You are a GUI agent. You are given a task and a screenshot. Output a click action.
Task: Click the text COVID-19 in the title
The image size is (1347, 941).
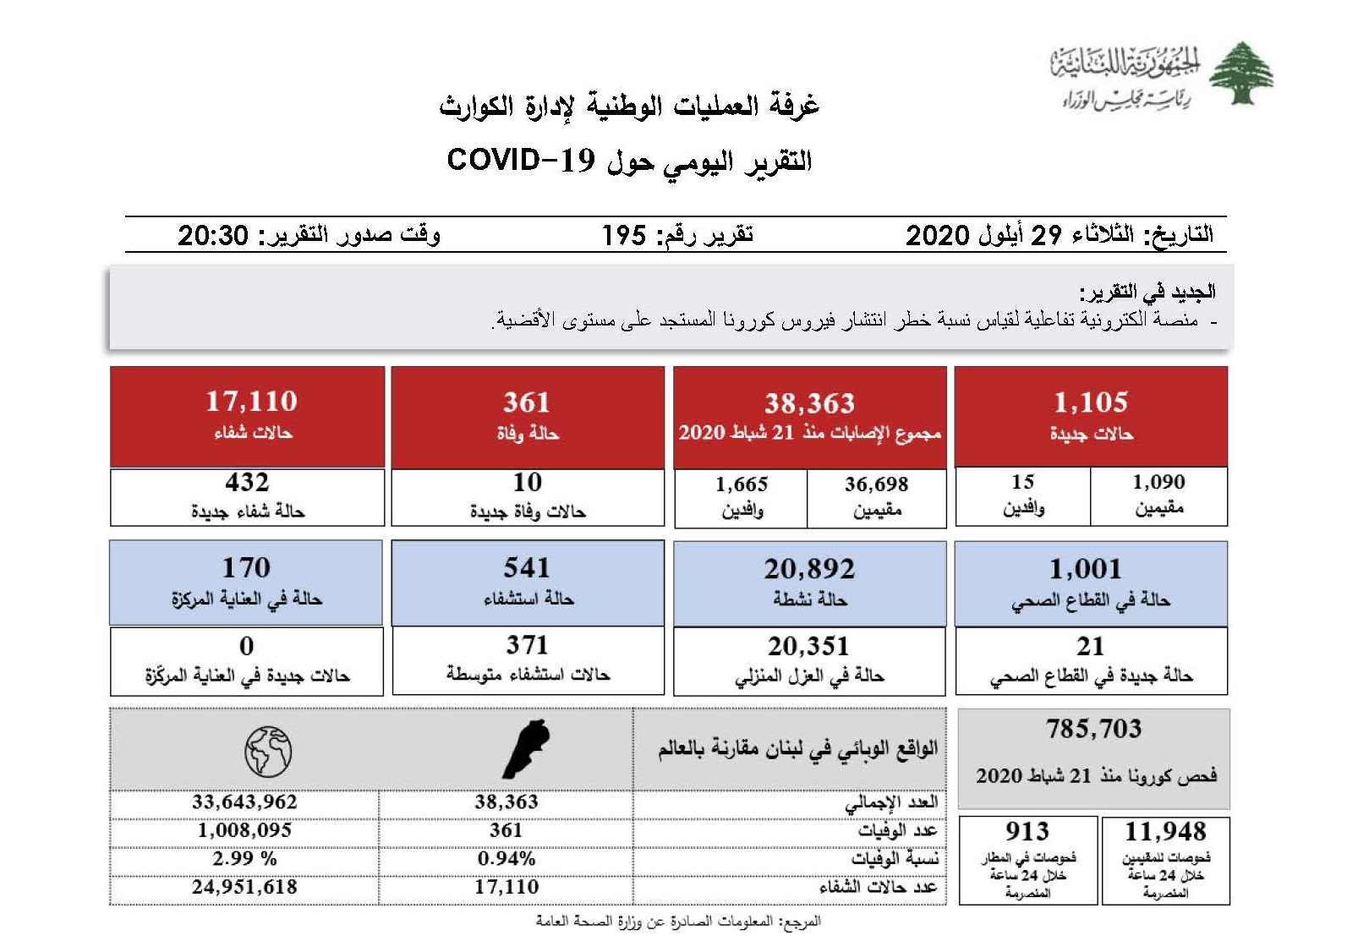[520, 159]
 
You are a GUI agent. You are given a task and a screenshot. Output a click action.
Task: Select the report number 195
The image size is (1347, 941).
[624, 235]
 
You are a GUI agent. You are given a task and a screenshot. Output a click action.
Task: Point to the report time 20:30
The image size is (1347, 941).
[213, 235]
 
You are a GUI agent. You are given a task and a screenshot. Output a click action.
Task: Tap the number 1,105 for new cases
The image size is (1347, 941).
[1091, 402]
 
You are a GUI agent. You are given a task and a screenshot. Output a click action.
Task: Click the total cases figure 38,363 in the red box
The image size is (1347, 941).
[809, 403]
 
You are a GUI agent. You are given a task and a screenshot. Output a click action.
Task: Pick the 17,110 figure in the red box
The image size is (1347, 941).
[251, 401]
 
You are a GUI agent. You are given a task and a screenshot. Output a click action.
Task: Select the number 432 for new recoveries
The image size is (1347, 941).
[247, 482]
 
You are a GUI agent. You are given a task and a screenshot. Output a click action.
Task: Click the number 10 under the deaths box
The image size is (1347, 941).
[527, 482]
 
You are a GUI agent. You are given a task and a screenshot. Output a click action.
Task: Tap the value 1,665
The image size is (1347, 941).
[742, 484]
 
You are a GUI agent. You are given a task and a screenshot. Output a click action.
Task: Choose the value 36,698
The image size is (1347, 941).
[876, 484]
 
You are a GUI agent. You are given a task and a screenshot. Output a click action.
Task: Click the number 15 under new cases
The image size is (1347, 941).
[1022, 482]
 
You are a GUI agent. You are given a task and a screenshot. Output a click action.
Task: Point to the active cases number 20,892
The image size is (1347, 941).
[809, 569]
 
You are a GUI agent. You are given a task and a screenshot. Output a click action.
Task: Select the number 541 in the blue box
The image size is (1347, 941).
[527, 567]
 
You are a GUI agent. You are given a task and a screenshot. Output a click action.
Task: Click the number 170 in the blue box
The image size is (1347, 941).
[246, 567]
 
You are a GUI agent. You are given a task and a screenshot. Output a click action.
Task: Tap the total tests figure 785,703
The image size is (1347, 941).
[1093, 728]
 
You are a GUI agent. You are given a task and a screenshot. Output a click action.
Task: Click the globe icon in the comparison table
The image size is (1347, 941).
[268, 751]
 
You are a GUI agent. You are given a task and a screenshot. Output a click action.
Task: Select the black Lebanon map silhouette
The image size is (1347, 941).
[526, 749]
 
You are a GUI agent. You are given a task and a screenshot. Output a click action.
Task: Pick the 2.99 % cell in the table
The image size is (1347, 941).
[244, 858]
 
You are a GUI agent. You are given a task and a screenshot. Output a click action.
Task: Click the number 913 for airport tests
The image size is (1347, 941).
[1027, 831]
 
